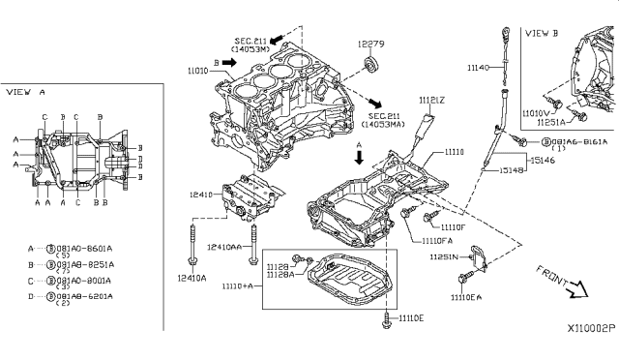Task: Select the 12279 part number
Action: pyautogui.click(x=370, y=44)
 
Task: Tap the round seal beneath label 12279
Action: pyautogui.click(x=369, y=66)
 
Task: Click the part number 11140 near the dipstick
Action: pyautogui.click(x=479, y=68)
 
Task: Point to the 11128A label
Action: pyautogui.click(x=280, y=275)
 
